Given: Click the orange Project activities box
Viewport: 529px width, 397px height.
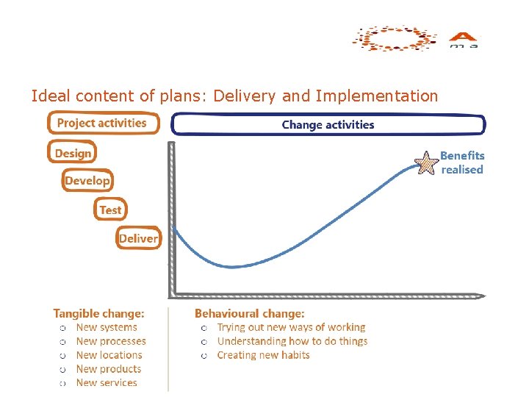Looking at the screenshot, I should tap(102, 123).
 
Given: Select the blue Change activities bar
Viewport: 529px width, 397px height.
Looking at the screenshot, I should tap(328, 125).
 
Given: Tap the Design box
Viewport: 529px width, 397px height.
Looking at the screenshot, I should tap(73, 153).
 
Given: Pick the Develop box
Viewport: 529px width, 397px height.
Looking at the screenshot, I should tap(87, 180).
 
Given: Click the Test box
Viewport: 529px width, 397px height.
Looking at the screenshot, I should tap(110, 210).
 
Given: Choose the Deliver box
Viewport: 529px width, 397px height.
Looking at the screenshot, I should tap(138, 238).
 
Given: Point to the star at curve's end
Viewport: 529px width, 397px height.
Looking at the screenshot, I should tap(426, 162).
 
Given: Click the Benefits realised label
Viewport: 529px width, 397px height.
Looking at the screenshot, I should tap(462, 162).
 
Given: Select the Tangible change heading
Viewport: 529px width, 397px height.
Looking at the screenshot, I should tap(98, 314).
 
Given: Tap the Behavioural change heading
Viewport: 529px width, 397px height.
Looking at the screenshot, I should tap(249, 314).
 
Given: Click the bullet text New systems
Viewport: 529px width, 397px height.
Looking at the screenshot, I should tap(107, 328).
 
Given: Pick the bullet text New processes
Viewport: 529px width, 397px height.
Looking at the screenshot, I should tap(111, 341).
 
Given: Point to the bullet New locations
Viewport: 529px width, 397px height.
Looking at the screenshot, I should tap(109, 355).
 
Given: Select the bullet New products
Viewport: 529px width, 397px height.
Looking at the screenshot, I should tap(108, 369).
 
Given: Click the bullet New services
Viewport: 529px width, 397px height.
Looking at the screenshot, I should tap(107, 382).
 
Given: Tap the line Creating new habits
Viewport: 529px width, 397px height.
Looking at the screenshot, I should tap(263, 355).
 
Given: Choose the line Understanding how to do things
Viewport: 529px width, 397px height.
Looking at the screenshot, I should tap(292, 341).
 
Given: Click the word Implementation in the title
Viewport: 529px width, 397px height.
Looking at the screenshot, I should tap(376, 96).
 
